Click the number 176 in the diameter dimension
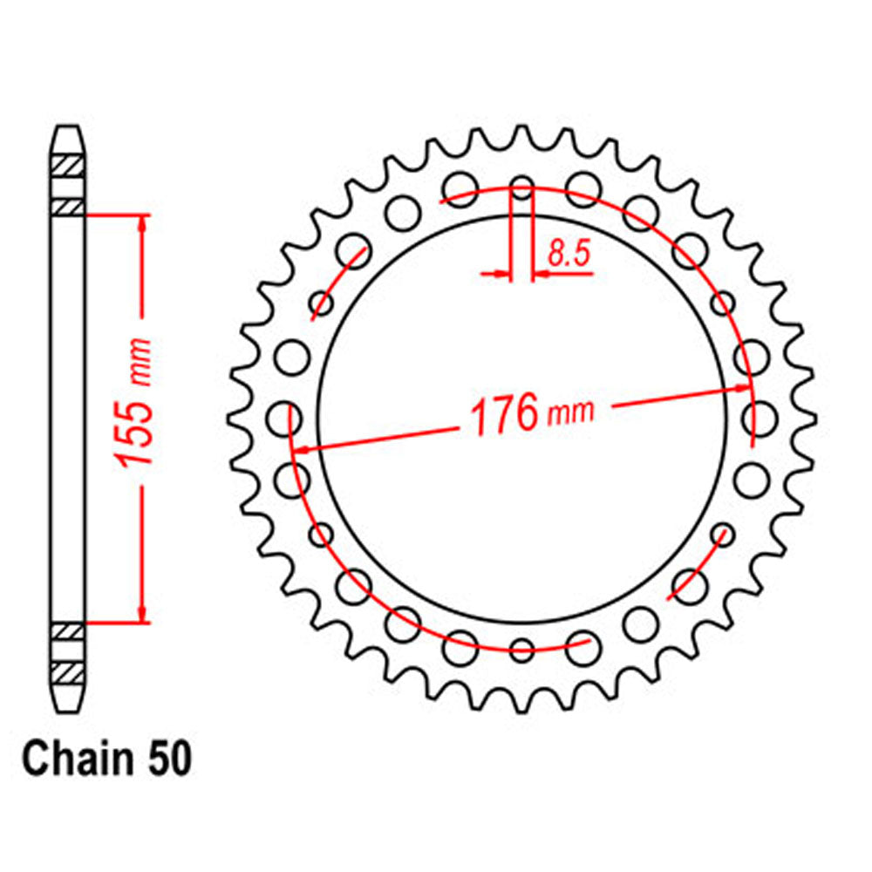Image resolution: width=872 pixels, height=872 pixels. (x=503, y=415)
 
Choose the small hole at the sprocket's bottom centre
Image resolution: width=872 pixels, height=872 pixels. (x=521, y=650)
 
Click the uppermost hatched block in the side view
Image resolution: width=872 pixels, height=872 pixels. (x=70, y=164)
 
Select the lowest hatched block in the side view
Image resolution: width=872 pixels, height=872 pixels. (x=70, y=672)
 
